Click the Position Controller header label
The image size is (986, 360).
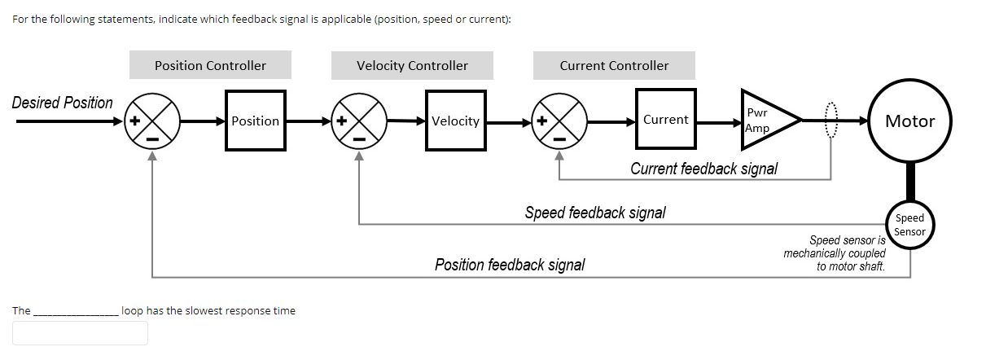(210, 65)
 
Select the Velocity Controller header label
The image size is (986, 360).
(412, 65)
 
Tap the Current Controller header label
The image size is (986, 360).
(614, 65)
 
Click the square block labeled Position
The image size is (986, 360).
(255, 121)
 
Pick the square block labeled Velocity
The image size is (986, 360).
(455, 121)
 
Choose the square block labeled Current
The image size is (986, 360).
(665, 119)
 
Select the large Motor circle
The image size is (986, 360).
(909, 121)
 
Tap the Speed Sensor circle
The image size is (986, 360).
(909, 224)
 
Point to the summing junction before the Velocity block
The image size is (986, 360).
(359, 121)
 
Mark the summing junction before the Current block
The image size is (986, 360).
(559, 121)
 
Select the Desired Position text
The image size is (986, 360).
(63, 103)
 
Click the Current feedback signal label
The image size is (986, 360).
(703, 169)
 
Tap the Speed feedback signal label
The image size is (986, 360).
(594, 213)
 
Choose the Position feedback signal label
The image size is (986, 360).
(509, 265)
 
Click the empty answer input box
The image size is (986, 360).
(80, 332)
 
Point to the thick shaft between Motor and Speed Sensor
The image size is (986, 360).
(909, 181)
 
